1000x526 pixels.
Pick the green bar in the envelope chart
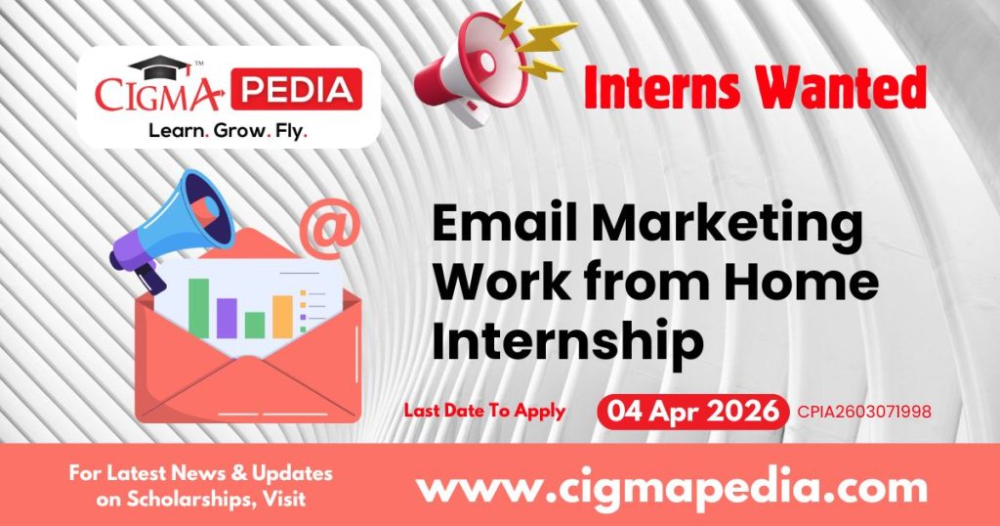[x=199, y=308]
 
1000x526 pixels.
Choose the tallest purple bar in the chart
[x=228, y=318]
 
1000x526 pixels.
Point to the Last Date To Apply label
[x=484, y=412]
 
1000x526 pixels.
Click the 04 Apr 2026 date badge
[x=693, y=412]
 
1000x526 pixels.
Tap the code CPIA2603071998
[x=864, y=413]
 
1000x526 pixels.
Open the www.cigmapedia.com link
[x=671, y=486]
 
